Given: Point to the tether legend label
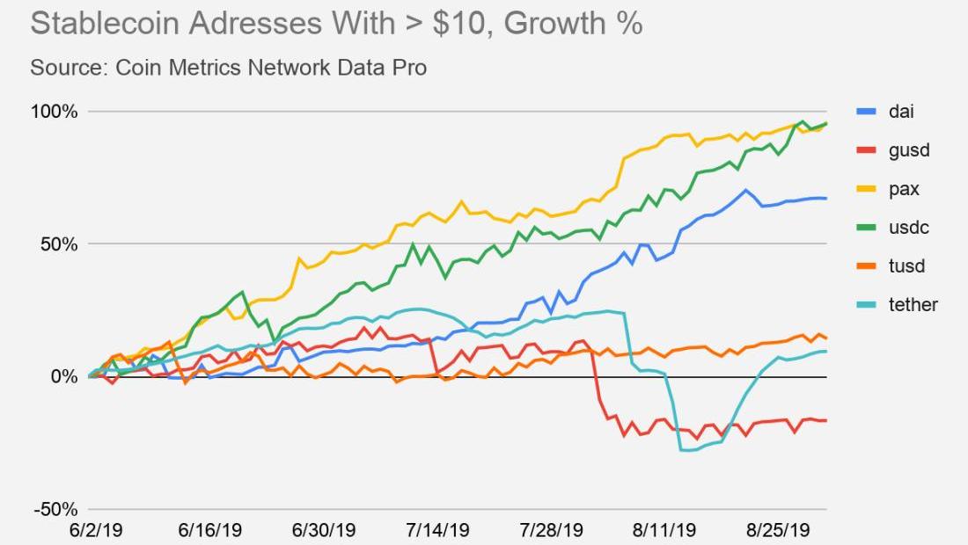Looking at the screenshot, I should point(913,305).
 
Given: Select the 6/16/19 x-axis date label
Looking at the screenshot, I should point(209,531).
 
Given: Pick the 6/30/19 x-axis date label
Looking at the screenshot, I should point(324,531).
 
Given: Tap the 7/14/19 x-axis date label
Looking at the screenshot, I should point(437,531).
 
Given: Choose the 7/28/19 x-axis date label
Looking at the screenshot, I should point(552,531).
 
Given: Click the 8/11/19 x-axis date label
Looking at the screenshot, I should point(665,531).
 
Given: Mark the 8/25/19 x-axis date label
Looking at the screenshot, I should point(779,531).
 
